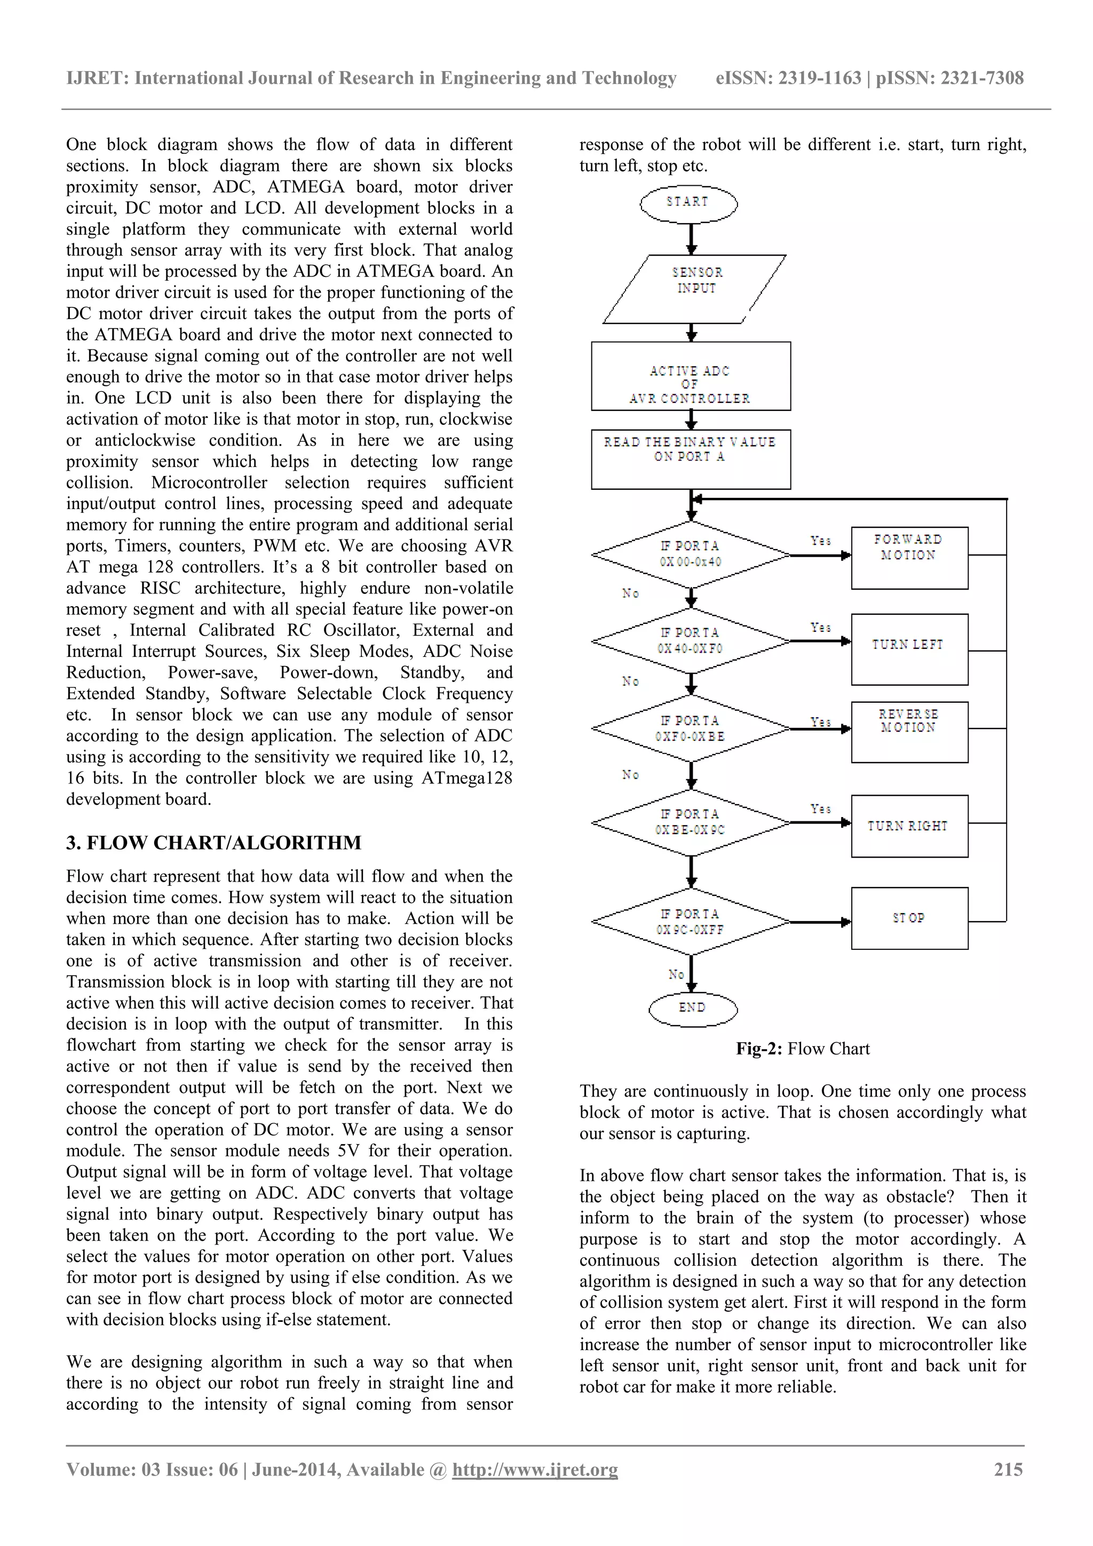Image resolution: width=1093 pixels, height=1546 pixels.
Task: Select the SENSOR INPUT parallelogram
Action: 695,288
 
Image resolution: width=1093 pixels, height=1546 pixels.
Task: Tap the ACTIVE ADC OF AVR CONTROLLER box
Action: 690,376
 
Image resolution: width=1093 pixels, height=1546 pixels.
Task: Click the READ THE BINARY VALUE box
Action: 690,459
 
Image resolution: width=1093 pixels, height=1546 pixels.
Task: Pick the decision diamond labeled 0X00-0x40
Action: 690,554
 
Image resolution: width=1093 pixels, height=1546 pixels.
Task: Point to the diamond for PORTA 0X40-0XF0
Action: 690,641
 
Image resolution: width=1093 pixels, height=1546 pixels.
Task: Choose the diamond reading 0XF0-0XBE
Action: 690,728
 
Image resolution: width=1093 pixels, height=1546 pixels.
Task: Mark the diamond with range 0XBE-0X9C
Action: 690,822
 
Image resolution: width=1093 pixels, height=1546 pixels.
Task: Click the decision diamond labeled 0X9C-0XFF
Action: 690,922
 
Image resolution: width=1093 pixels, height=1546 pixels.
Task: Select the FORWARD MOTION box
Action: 909,558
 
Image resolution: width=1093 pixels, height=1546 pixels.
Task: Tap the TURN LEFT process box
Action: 909,648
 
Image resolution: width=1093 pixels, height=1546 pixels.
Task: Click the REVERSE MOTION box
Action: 909,732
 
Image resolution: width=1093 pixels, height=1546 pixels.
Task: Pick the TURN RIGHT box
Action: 909,826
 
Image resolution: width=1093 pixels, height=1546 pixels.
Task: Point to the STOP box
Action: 909,918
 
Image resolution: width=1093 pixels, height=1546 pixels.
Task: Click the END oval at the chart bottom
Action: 692,1008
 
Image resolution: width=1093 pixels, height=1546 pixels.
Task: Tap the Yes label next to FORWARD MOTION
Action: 820,541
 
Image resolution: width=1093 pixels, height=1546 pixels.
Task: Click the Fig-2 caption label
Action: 802,1049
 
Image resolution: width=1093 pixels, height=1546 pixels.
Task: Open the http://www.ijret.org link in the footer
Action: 535,1469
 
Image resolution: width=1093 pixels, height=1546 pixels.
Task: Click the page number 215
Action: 1008,1469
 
